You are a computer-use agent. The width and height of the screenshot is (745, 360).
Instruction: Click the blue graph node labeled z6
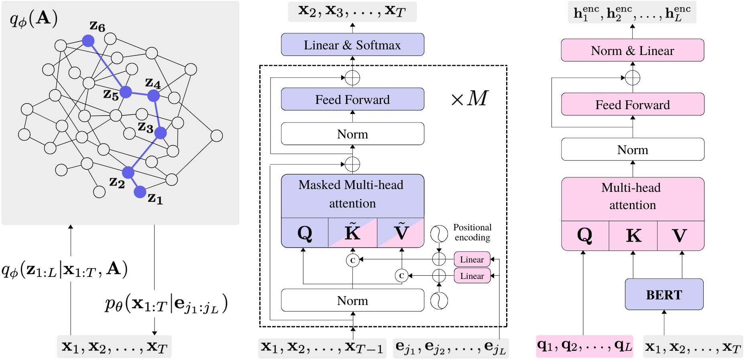[88, 41]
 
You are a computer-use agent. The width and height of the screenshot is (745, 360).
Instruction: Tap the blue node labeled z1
[140, 192]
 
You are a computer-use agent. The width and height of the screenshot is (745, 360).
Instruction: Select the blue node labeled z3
[161, 133]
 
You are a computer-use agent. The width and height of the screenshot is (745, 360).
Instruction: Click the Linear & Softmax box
[352, 45]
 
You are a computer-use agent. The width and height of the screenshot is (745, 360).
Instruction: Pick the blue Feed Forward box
[352, 99]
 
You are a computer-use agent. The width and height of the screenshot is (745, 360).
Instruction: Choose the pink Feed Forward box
[632, 104]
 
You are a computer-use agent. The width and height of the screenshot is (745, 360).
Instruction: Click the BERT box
[664, 295]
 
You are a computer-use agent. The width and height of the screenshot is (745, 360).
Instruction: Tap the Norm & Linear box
[632, 51]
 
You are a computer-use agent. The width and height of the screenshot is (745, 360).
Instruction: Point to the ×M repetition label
[470, 98]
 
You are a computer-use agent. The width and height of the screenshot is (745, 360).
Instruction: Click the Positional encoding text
[472, 232]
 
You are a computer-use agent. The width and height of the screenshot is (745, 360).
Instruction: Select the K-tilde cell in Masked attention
[352, 233]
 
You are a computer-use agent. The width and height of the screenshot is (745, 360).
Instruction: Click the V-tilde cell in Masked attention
[401, 233]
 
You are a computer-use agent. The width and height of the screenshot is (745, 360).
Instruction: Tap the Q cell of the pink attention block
[584, 236]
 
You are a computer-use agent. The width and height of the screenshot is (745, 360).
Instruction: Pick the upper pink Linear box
[472, 260]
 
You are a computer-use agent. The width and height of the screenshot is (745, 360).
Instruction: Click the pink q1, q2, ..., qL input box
[584, 346]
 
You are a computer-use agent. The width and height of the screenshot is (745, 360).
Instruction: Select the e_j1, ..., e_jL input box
[451, 348]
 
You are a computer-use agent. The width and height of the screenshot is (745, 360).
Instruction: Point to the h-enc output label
[632, 13]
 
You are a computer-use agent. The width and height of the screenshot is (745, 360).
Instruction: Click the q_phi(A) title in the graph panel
[34, 18]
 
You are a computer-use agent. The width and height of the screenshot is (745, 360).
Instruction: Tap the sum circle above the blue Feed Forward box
[352, 78]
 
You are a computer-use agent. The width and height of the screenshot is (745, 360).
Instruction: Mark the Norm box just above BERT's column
[632, 150]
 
